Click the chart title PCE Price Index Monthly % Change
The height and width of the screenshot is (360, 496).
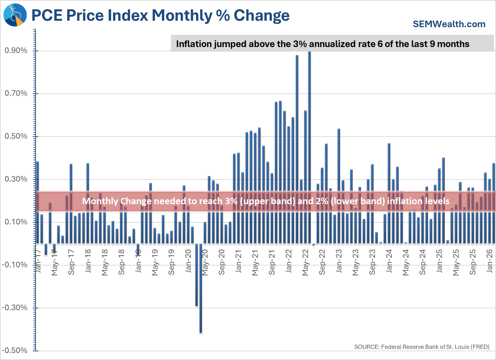point(160,16)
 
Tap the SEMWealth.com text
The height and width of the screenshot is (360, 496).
point(449,24)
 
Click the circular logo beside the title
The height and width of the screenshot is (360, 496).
point(15,15)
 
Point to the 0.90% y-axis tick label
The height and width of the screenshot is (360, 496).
point(16,51)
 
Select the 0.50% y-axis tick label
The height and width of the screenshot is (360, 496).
point(16,136)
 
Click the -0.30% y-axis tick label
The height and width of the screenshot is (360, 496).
point(15,308)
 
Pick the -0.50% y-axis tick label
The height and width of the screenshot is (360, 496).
point(15,351)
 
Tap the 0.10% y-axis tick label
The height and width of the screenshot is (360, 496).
point(16,222)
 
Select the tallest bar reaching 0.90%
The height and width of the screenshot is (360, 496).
point(309,146)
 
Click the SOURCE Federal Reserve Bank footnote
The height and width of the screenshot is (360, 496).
point(422,347)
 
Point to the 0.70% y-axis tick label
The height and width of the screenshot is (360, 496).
point(16,93)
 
